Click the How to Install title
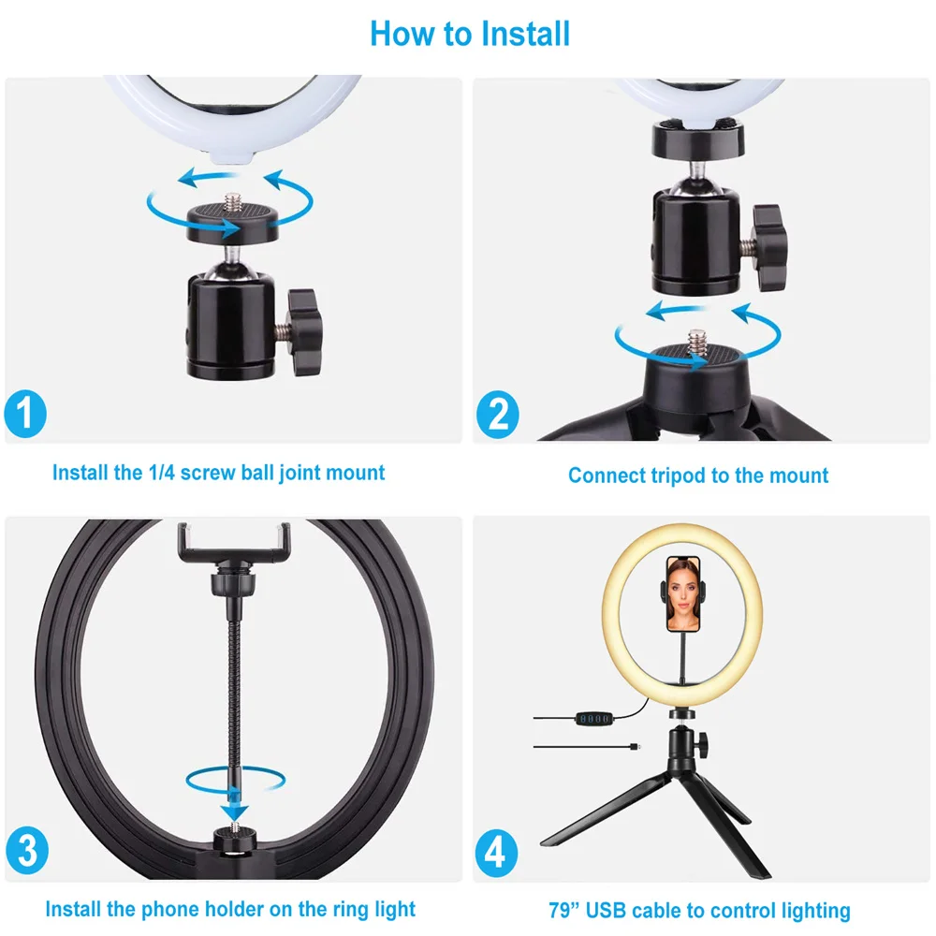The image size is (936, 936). point(469,34)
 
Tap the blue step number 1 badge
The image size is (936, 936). point(25,414)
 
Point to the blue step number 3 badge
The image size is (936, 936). point(26,853)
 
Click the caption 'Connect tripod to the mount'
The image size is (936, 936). point(698,475)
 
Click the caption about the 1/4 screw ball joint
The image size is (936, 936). point(218,473)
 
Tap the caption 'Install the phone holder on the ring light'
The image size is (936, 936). point(230,908)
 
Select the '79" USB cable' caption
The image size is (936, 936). point(699,910)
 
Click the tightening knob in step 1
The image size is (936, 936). point(304,332)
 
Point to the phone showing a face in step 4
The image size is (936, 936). point(682,594)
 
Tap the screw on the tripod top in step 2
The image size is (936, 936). point(697,337)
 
